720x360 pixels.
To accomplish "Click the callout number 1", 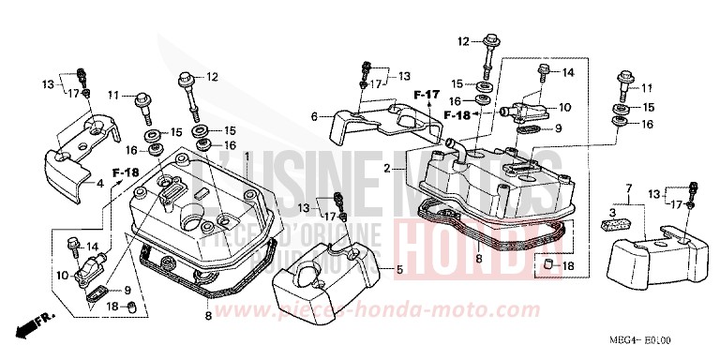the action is coord(247,155).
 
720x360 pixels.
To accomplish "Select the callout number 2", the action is coord(386,169).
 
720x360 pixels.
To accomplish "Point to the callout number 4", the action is coord(100,184).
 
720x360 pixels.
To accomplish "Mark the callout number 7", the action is coord(629,189).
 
